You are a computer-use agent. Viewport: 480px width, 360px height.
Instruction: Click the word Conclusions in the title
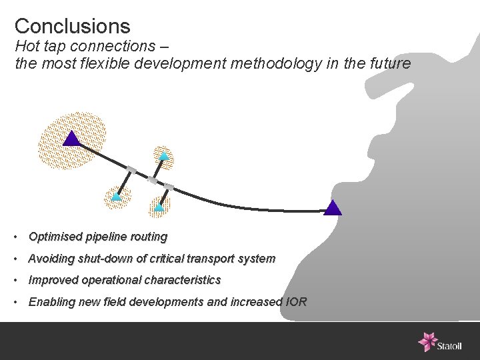click(x=72, y=26)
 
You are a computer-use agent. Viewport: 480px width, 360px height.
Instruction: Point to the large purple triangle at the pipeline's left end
click(x=71, y=139)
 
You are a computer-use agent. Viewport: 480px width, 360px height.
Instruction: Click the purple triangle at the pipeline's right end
click(x=333, y=208)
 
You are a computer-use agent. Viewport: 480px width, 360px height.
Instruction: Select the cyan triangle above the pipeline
click(x=164, y=156)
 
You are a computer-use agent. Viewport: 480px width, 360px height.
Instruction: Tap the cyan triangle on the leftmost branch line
click(x=116, y=197)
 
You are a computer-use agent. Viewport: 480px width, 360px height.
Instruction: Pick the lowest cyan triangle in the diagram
click(x=159, y=207)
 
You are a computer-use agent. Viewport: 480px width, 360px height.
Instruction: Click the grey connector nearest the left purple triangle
click(x=131, y=171)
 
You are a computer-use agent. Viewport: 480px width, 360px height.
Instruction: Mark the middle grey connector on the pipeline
click(x=153, y=180)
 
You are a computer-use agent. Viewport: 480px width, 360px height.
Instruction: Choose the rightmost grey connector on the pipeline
click(x=169, y=187)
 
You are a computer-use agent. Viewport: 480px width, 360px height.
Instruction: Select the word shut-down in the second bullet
click(x=110, y=259)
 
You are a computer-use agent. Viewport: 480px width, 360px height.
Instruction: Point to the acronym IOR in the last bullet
click(x=296, y=302)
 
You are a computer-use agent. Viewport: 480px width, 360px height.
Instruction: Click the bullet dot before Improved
click(x=15, y=281)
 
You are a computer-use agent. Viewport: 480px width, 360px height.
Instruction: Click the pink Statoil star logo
click(x=427, y=341)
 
